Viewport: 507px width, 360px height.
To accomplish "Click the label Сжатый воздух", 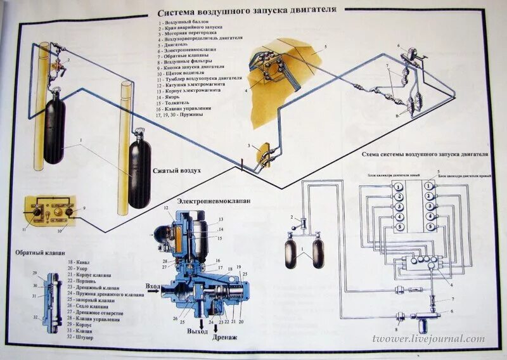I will [x=177, y=171].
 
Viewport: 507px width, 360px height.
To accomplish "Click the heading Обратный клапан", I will [x=41, y=253].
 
